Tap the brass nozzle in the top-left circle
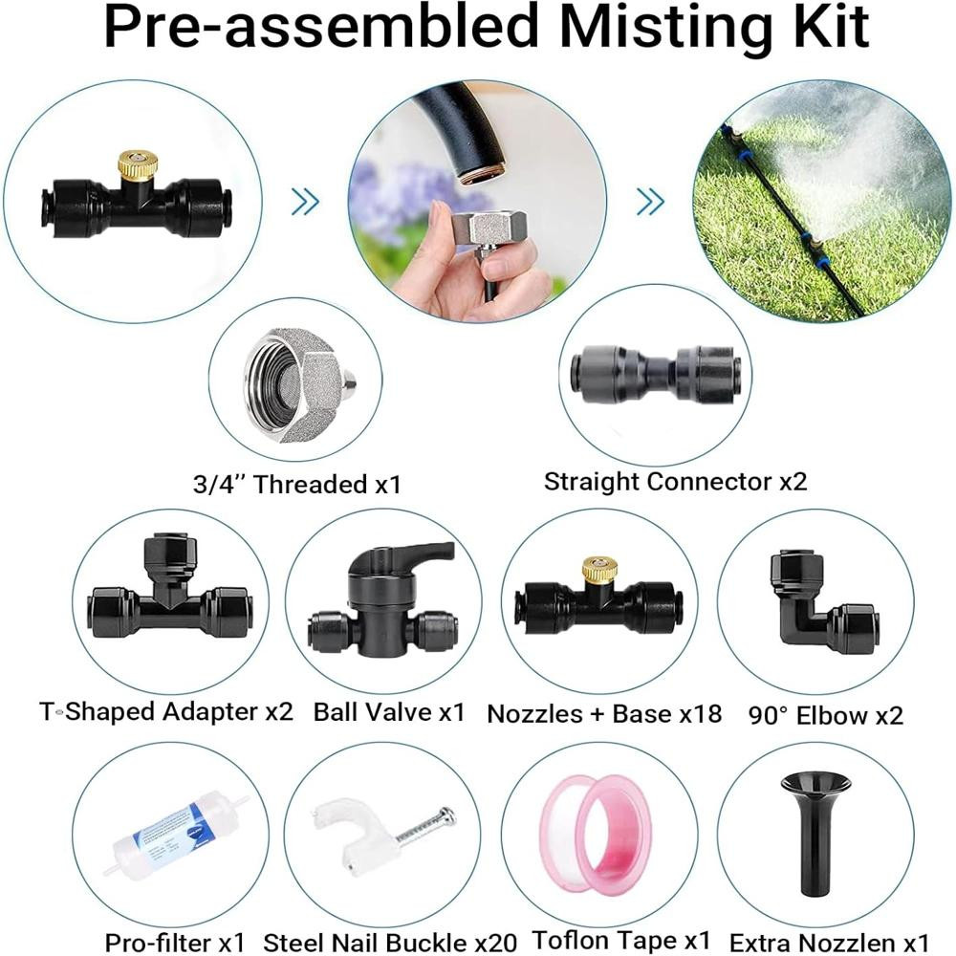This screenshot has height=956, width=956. coord(138,165)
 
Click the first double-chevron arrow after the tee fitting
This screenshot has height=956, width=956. coord(305,201)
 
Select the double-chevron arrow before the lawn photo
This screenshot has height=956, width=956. coord(650,201)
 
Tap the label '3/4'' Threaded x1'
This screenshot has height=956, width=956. coord(297,484)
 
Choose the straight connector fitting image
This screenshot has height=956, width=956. coord(656,375)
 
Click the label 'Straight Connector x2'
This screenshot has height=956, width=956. coord(676,482)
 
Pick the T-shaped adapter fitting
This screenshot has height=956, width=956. coord(169,595)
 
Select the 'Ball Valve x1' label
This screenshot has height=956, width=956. coord(389,712)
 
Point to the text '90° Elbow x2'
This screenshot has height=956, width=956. coord(826,715)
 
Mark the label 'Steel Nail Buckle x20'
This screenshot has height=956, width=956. coord(390,943)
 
